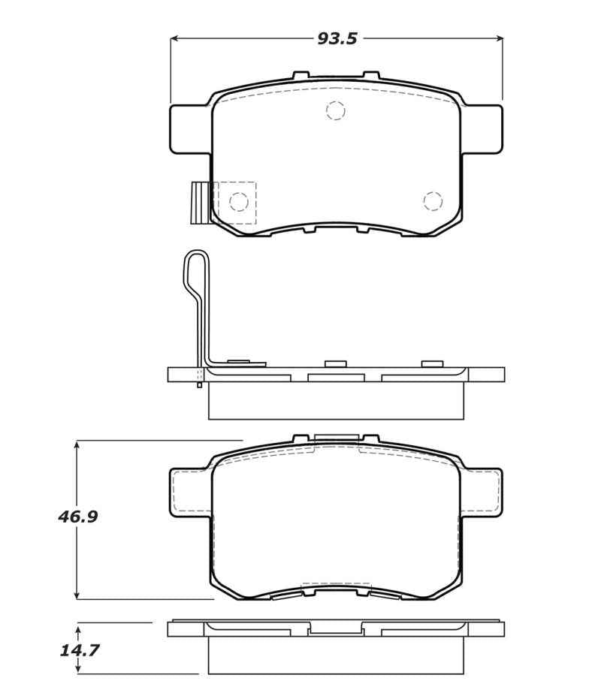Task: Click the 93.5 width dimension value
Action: [337, 39]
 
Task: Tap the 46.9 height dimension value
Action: [78, 517]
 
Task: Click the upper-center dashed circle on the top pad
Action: [335, 110]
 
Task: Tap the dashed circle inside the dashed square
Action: [238, 201]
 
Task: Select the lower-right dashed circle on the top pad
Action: [432, 200]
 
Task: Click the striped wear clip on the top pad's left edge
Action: [200, 203]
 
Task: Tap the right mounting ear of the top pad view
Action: [482, 129]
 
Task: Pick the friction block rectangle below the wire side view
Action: [335, 401]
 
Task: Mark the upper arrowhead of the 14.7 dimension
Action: [77, 627]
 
